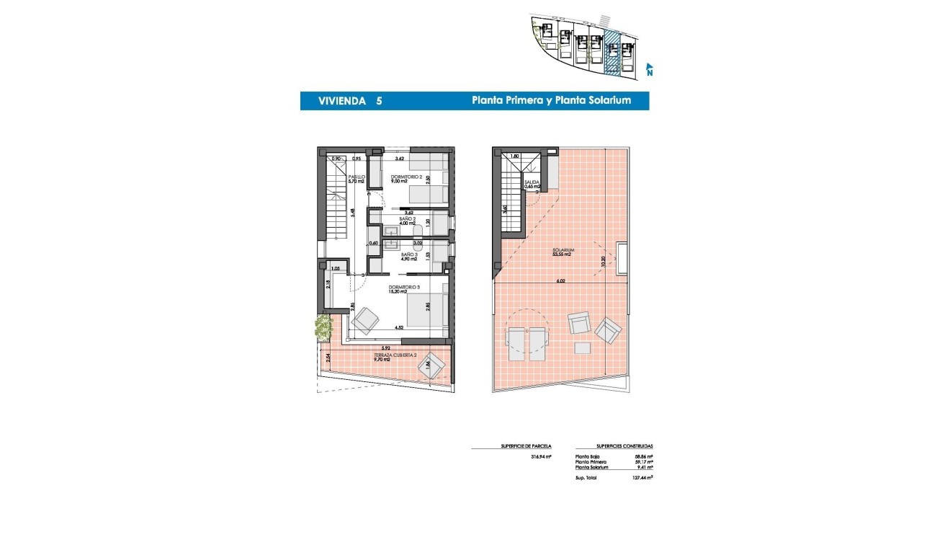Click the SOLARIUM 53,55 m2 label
click(x=562, y=252)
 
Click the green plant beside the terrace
click(x=321, y=328)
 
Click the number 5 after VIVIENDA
click(x=379, y=101)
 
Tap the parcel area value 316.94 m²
click(x=541, y=456)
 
